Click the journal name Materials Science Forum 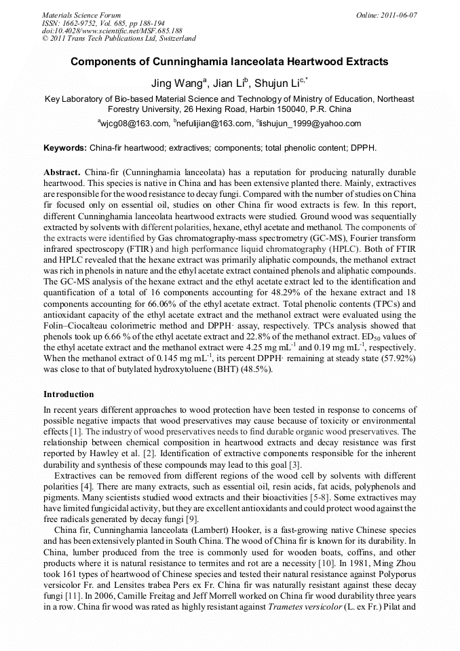pyautogui.click(x=81, y=15)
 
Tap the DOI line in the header pyautogui.click(x=112, y=31)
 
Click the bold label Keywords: pyautogui.click(x=65, y=148)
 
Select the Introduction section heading pyautogui.click(x=69, y=394)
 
